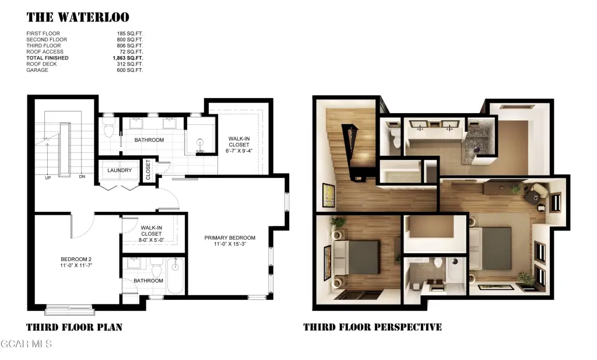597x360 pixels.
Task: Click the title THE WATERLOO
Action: coord(78,17)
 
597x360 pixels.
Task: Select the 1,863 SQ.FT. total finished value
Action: coord(128,58)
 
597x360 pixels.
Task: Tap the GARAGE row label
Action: coord(37,70)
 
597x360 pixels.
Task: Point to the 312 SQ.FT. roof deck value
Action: coord(130,64)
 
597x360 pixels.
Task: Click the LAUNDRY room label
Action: coord(120,170)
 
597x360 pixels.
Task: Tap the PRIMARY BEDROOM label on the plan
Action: coord(230,237)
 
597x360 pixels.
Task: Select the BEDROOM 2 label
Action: coord(76,260)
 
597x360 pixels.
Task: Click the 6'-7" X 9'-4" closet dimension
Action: coord(239,151)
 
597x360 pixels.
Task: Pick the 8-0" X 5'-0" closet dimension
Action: coord(152,240)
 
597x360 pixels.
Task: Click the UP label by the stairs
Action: coord(48,178)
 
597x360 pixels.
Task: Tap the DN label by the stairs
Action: coord(82,176)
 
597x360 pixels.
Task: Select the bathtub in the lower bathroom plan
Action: coord(175,276)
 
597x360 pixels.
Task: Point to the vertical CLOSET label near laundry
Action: coord(148,170)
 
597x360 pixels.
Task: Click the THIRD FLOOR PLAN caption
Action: coord(74,327)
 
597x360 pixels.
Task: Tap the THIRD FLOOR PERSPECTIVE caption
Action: coord(373,327)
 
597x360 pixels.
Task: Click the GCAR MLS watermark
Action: coord(26,344)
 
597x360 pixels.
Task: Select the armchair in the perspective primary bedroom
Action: coord(540,190)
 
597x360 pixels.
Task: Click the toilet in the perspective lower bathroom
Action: coord(438,263)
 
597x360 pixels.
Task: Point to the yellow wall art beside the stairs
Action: coord(329,195)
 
